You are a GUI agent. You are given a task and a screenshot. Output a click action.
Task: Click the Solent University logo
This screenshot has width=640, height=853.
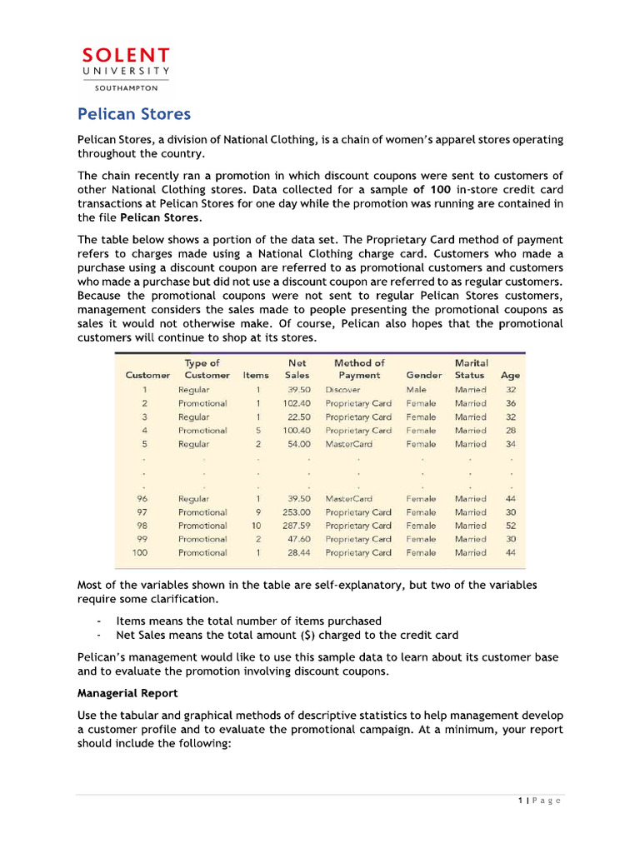coord(125,63)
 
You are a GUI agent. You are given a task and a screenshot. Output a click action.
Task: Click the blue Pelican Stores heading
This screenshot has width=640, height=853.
coord(134,113)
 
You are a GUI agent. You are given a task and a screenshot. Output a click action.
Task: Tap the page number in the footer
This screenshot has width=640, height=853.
coord(539,801)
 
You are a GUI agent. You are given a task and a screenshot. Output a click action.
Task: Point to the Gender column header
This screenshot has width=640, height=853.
coord(423,375)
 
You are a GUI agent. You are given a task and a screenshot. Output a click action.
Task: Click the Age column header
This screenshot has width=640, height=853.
coord(510,375)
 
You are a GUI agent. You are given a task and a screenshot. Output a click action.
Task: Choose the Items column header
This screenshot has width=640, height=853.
coord(256,375)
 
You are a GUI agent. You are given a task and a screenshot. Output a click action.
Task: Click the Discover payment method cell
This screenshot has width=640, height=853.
coord(342,390)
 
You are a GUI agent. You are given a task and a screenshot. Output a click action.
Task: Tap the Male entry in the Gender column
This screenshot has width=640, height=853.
coord(416,390)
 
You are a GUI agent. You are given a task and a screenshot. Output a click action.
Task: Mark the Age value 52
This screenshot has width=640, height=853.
coord(511,526)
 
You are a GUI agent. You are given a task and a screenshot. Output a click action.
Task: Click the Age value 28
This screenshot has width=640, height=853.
coord(511,431)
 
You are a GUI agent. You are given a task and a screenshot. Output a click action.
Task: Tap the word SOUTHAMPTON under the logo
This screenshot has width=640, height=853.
coord(125,87)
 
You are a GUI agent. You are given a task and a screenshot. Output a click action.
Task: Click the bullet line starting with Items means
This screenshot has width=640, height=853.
coord(248,621)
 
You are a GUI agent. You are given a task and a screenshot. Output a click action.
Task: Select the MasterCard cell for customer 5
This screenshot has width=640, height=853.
coord(350,444)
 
